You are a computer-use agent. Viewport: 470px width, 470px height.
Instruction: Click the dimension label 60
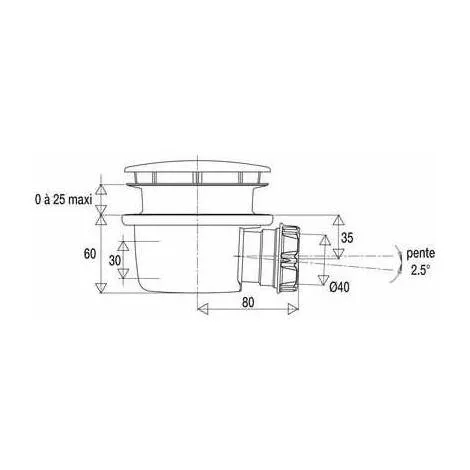(90, 254)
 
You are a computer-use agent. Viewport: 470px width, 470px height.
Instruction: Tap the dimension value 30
(115, 260)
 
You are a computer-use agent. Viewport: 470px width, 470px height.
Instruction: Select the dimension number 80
(248, 303)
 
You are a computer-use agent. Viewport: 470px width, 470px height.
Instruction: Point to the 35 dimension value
(347, 238)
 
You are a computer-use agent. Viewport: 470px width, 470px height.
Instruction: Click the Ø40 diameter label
(340, 287)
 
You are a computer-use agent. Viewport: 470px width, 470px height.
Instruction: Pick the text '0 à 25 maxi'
(63, 200)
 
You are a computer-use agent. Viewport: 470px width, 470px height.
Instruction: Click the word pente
(421, 254)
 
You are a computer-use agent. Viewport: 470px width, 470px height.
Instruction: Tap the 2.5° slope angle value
(420, 270)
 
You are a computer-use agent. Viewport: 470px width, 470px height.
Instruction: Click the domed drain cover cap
(198, 167)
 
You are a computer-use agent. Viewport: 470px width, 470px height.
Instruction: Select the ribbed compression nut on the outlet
(288, 257)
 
